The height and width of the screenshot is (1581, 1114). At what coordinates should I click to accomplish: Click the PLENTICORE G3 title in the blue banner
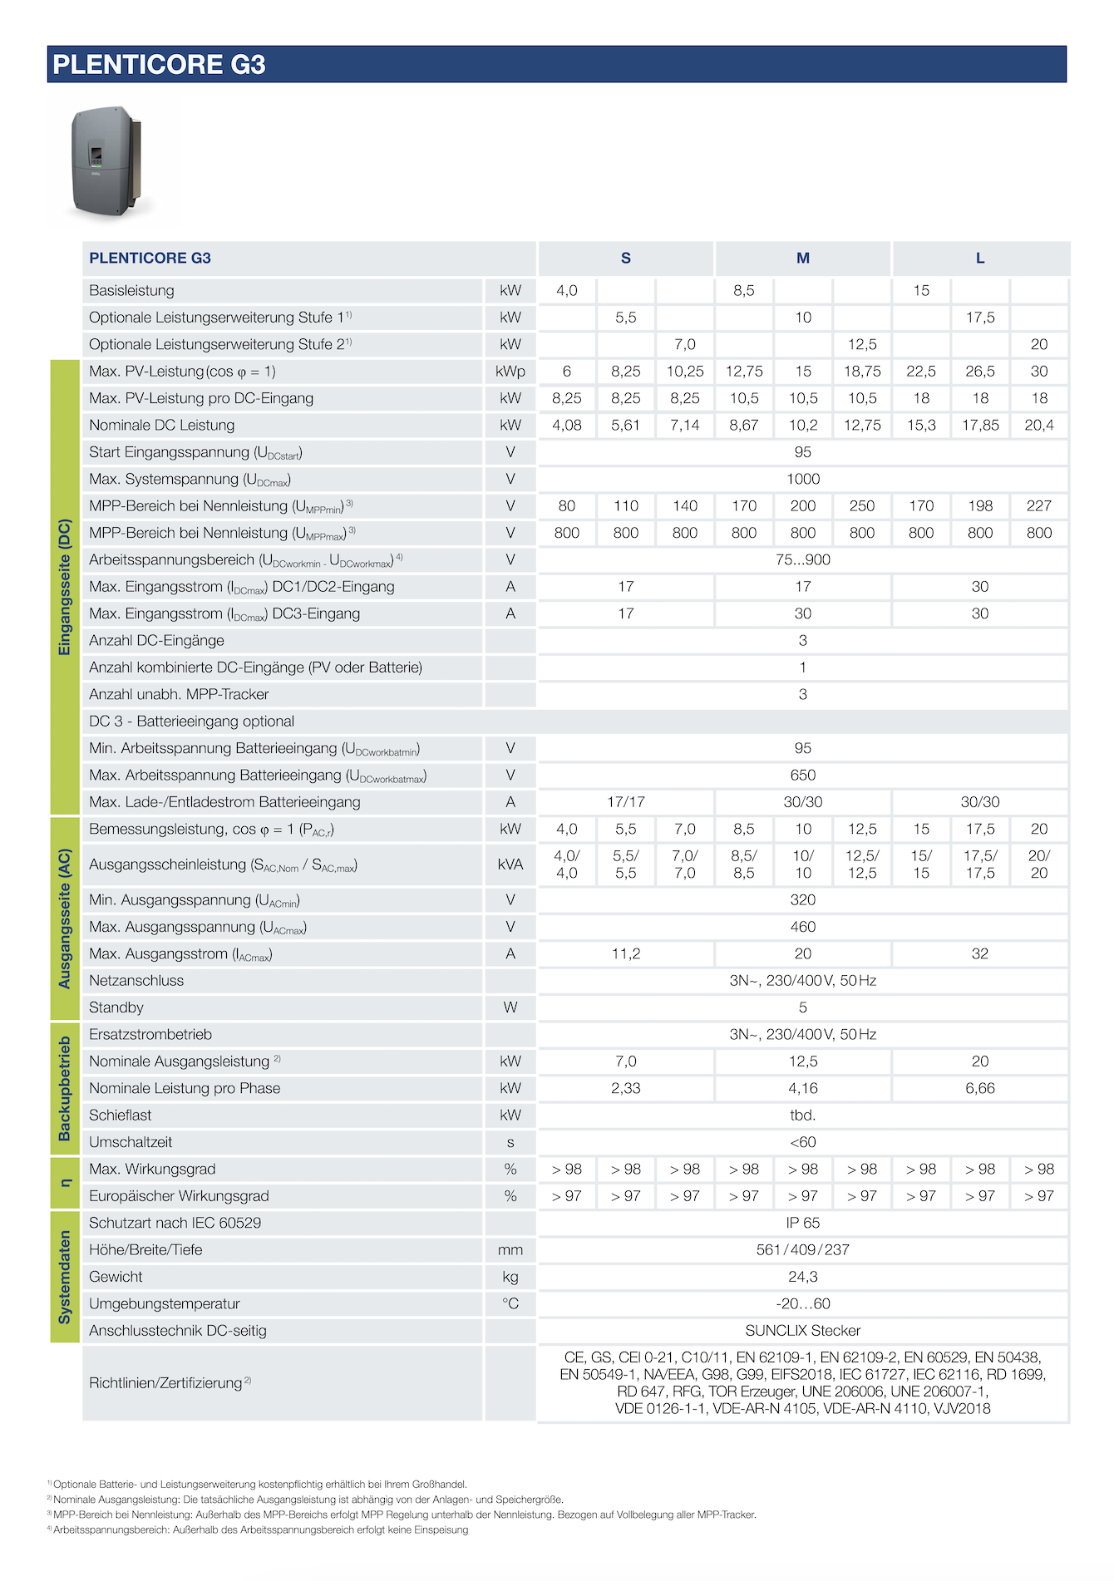(x=159, y=65)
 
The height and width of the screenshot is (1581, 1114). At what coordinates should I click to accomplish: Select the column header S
(x=625, y=259)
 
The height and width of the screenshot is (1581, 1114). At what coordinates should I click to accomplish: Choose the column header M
(x=802, y=259)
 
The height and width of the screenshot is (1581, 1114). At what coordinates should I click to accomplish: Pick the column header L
(x=979, y=259)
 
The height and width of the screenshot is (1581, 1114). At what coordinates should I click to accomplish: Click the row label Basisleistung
(x=131, y=291)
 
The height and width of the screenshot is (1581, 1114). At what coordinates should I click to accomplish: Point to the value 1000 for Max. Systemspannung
(x=802, y=479)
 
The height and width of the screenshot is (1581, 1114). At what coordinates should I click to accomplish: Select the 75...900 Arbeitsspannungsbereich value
(x=802, y=559)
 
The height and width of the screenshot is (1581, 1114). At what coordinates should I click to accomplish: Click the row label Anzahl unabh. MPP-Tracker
(x=179, y=694)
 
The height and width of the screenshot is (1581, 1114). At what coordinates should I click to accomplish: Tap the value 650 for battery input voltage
(x=802, y=775)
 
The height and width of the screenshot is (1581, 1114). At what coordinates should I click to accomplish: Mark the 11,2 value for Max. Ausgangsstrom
(x=625, y=953)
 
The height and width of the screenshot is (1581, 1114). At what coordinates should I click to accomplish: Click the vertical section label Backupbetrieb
(x=65, y=1088)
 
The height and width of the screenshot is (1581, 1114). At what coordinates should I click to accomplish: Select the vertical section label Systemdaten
(x=65, y=1277)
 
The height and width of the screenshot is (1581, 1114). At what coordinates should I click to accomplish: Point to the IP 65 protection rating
(x=802, y=1223)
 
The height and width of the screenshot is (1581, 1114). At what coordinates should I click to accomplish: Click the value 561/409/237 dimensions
(x=802, y=1249)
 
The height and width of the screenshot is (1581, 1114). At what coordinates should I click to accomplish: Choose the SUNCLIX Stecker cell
(x=802, y=1330)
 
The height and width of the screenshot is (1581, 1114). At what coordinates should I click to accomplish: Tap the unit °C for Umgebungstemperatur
(x=510, y=1303)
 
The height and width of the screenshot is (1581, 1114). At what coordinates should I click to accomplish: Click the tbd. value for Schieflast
(x=802, y=1115)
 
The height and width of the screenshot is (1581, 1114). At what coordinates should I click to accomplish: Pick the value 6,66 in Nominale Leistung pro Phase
(x=979, y=1088)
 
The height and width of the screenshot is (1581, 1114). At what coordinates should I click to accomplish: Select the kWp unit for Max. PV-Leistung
(x=510, y=372)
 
